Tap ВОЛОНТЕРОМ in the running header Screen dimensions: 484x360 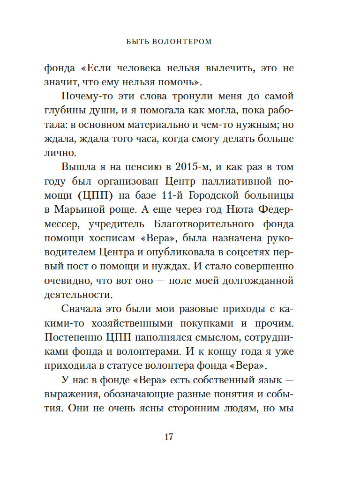182,42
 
